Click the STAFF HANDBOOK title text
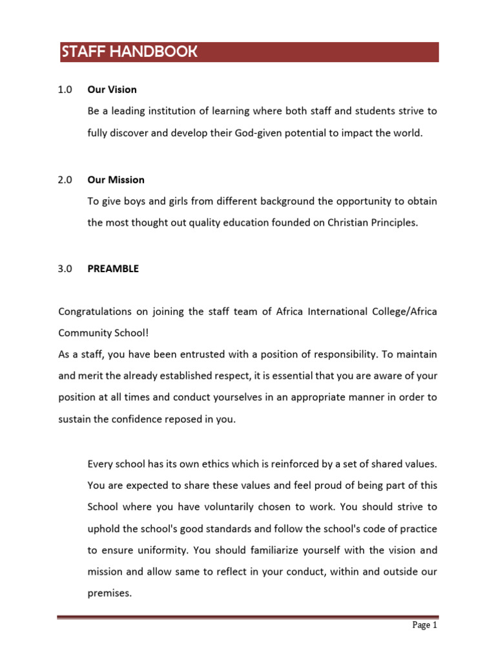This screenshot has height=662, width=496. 129,52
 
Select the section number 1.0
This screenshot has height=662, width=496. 65,90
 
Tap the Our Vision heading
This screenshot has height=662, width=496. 112,90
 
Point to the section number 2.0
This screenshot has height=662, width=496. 65,180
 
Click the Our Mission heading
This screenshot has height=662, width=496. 116,180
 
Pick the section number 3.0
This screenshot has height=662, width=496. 65,269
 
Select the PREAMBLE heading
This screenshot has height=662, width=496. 113,269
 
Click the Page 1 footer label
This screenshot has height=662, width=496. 426,625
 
